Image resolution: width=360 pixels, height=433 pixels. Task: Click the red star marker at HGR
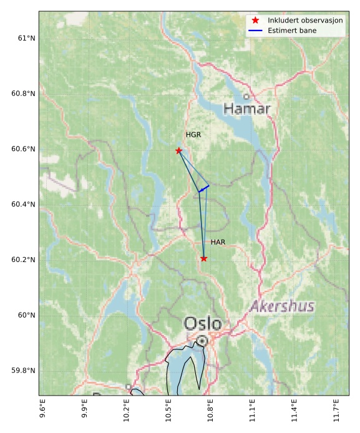coord(179,150)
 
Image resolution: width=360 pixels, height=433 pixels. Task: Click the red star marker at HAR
coord(204,258)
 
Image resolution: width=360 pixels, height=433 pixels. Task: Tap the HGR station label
coord(193,135)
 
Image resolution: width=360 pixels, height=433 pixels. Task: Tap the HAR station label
coord(218,242)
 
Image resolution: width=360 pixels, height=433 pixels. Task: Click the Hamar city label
coord(247,109)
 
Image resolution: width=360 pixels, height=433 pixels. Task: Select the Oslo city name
coord(203,324)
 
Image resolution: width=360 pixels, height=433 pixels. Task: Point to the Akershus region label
coord(282,306)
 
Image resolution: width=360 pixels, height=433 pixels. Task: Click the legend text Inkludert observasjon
coord(305,21)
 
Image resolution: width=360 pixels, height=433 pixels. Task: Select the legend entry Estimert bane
coord(292,31)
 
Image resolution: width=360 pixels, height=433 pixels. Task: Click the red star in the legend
coord(255,21)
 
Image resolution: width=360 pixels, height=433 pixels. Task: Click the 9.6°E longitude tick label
coord(42,414)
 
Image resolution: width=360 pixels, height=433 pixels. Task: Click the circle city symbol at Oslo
coord(202,341)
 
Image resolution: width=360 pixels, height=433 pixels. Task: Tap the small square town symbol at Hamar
coord(246,97)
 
